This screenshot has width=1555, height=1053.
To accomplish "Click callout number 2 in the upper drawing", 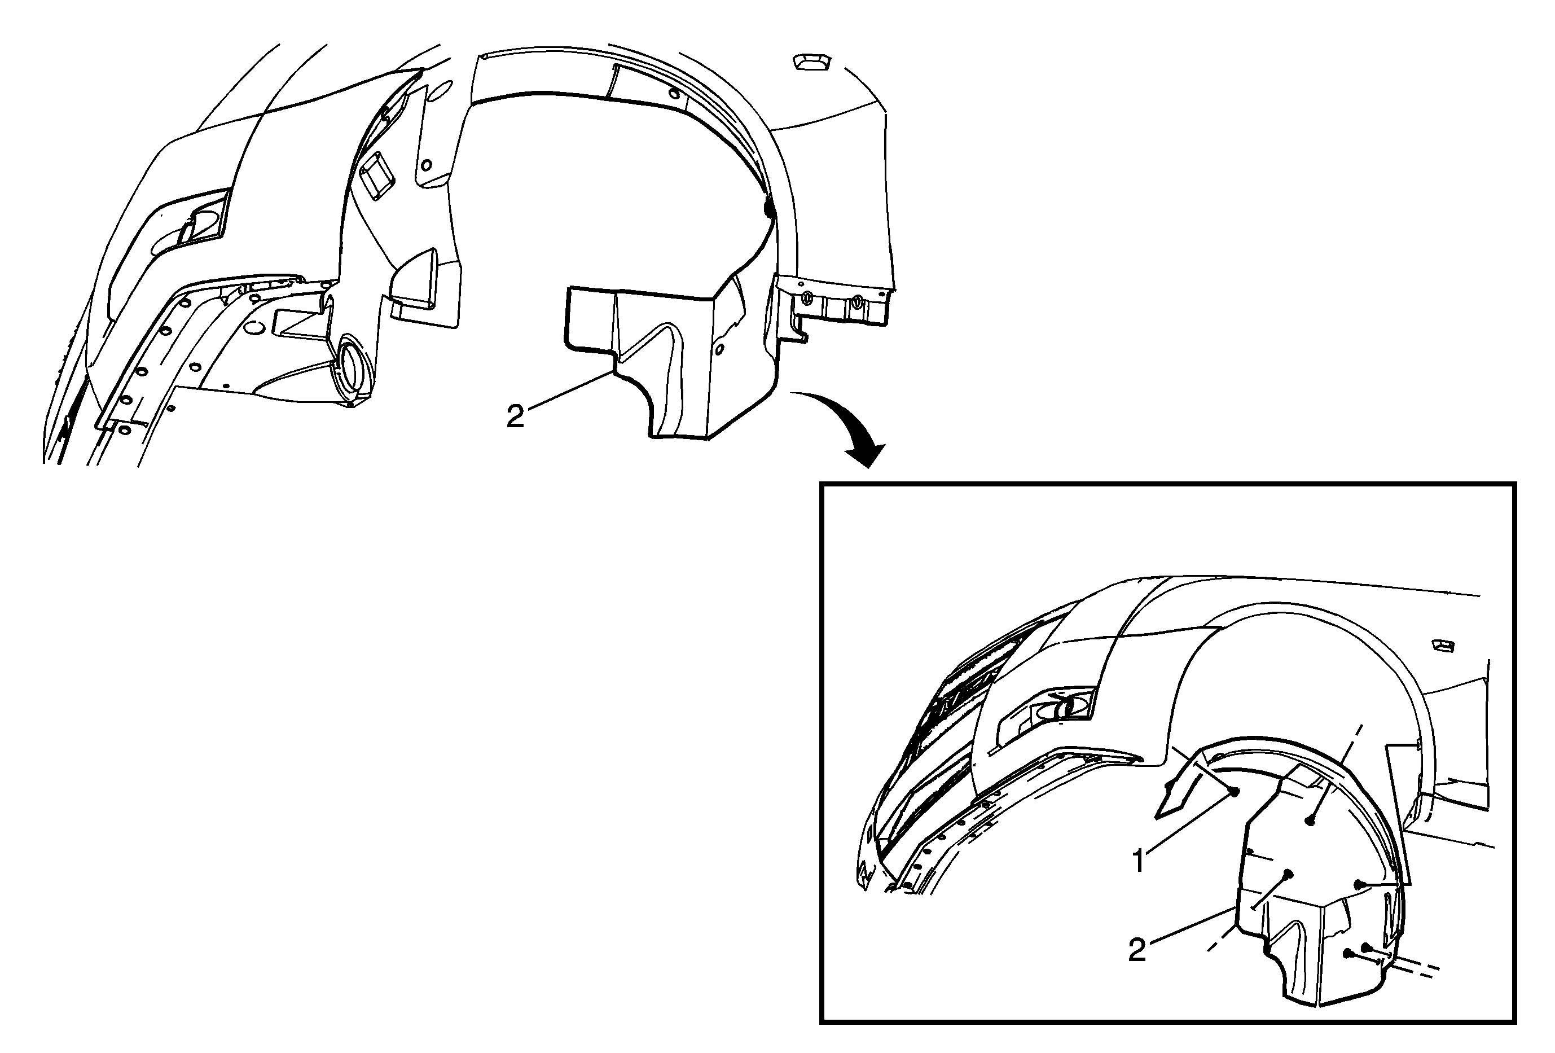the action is point(515,417).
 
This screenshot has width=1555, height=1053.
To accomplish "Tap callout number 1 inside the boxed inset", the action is point(1138,861).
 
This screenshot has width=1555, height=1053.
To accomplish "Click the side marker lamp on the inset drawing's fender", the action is point(1443,645).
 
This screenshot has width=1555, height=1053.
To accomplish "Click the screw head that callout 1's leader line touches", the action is point(1234,791).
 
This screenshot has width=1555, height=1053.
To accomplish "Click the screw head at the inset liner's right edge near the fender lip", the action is point(1359,884).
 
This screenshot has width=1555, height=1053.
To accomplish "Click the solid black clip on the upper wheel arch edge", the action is point(768,209).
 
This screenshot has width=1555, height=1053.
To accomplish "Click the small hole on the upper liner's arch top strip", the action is point(673,93).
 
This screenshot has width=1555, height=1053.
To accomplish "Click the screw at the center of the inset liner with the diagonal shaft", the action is point(1288,874).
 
